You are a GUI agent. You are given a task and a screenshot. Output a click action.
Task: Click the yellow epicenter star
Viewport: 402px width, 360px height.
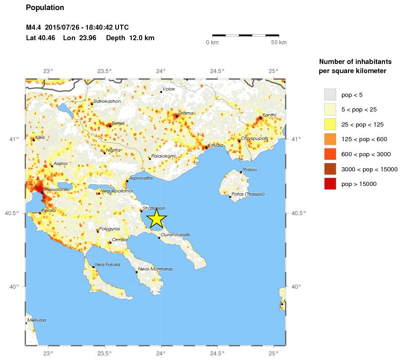[x=156, y=218]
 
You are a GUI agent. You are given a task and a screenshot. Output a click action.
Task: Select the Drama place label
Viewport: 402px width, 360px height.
[x=186, y=113]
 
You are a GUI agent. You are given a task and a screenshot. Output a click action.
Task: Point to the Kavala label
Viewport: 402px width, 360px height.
[x=215, y=145]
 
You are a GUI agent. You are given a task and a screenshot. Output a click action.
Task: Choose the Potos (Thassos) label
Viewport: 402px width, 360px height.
[x=248, y=194]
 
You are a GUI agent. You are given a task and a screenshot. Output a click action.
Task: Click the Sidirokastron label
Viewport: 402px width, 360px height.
[x=107, y=101]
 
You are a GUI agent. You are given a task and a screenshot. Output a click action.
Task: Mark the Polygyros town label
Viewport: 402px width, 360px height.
[x=109, y=229]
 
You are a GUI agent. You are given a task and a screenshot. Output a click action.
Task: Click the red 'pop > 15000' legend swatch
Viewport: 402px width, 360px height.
[x=330, y=184]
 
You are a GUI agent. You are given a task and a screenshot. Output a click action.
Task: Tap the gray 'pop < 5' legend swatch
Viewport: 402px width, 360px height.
[x=330, y=95]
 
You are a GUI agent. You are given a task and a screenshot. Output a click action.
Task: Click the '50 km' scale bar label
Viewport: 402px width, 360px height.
[x=279, y=42]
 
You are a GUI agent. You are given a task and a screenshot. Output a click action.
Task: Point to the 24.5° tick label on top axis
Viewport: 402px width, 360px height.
[x=217, y=71]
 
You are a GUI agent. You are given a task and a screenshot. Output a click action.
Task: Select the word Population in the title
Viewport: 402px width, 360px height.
[x=45, y=8]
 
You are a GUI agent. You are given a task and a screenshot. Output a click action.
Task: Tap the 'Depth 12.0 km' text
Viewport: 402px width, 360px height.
[x=130, y=38]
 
